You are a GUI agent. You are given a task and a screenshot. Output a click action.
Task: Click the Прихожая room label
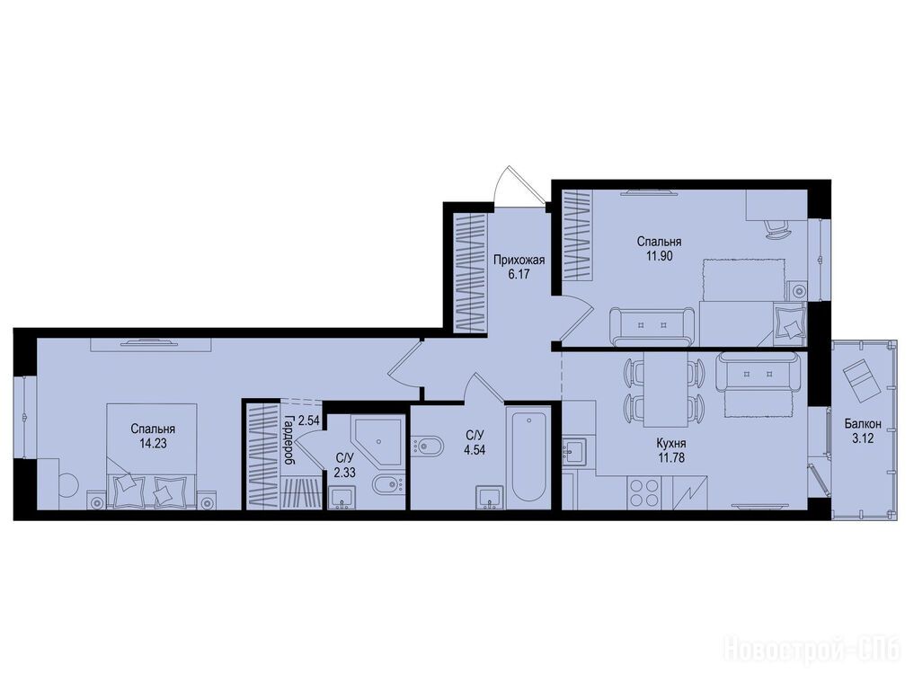[519, 261]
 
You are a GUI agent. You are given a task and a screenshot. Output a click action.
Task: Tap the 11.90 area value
[660, 255]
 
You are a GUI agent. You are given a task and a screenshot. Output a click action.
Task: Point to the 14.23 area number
[153, 443]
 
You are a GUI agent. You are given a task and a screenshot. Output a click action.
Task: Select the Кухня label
[671, 444]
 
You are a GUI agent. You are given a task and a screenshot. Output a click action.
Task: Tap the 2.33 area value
[344, 473]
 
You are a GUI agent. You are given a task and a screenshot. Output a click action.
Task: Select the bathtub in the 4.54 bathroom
[528, 457]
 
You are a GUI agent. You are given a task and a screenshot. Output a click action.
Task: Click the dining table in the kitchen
[663, 388]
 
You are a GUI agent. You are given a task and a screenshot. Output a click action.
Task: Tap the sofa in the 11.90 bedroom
[652, 325]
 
